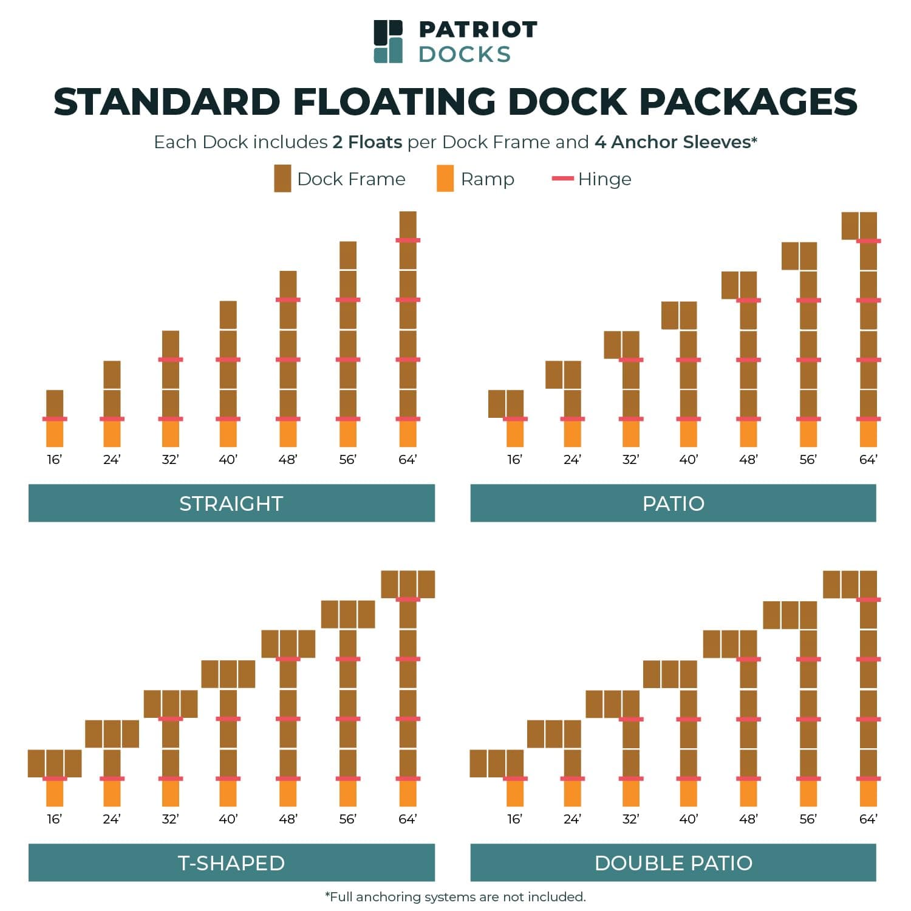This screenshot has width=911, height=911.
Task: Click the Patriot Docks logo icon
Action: pos(388,41)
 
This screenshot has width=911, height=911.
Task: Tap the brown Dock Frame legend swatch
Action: pos(282,179)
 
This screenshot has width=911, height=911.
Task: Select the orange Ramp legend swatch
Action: pos(445,179)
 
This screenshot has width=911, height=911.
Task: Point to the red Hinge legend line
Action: pos(562,179)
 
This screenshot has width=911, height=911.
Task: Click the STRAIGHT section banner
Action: pos(231,503)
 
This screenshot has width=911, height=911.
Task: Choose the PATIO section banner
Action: pos(673,503)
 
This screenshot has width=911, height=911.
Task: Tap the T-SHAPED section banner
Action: pos(231,862)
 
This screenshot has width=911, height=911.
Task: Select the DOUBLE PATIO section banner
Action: pos(673,862)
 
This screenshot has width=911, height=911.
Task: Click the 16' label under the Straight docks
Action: pos(55,460)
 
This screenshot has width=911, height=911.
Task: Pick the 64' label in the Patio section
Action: pos(868,460)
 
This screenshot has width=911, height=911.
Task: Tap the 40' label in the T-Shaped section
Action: pos(228,819)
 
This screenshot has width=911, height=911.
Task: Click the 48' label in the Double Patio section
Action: pos(748,819)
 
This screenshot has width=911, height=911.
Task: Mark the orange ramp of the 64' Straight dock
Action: pos(408,434)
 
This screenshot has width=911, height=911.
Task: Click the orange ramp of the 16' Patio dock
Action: pos(515,434)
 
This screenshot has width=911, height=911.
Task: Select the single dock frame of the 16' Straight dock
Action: pos(55,403)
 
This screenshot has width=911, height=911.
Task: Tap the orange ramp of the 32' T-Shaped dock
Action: pos(171,793)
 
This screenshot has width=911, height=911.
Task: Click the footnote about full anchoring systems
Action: pos(455,896)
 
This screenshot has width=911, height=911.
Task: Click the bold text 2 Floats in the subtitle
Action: pos(367,142)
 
